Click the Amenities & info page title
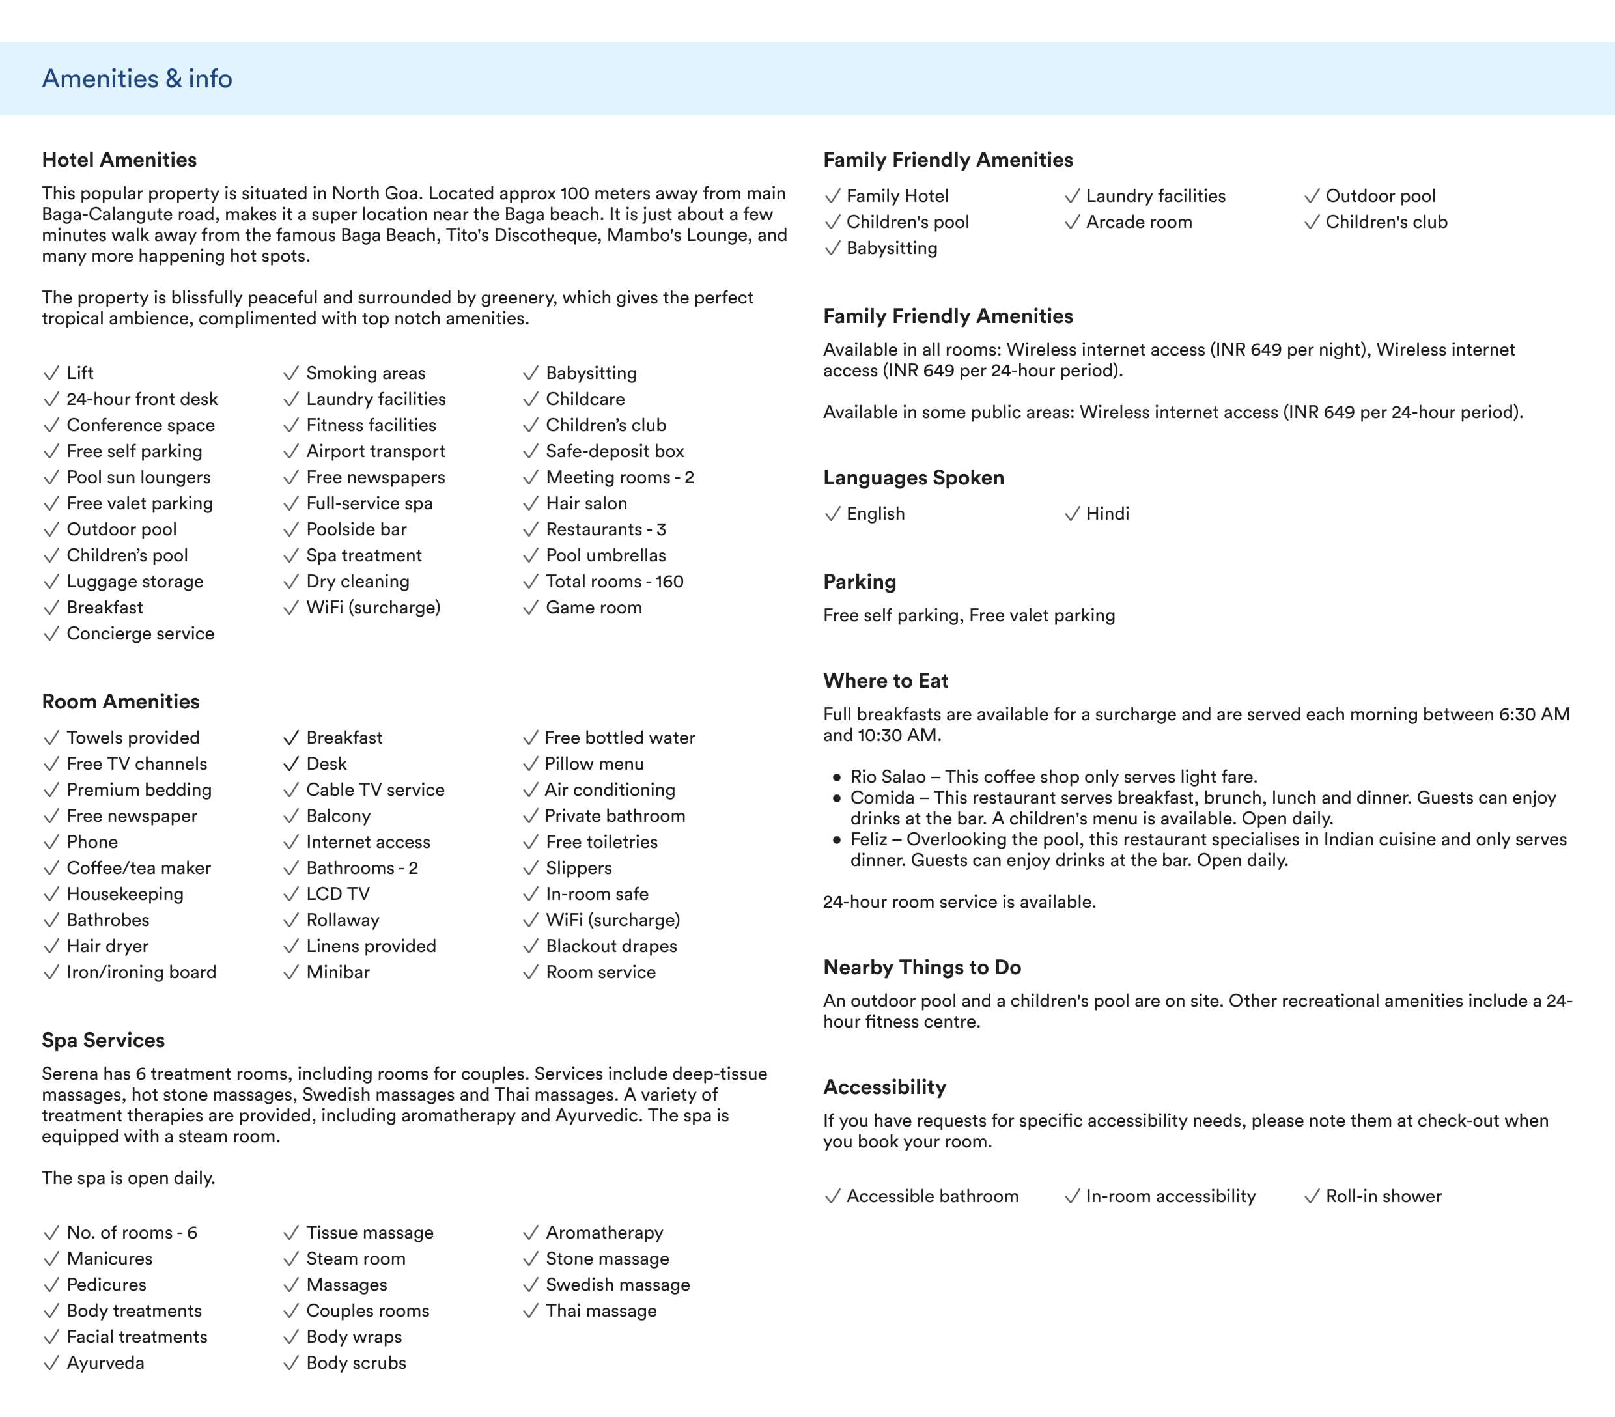[137, 78]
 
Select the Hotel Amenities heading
[119, 160]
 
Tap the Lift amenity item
[80, 372]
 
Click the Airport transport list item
[375, 451]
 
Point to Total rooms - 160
[614, 581]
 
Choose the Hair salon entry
[585, 503]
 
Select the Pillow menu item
[593, 763]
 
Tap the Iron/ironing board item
[141, 972]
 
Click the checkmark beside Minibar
[290, 972]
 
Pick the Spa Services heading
[104, 1040]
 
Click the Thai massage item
[600, 1310]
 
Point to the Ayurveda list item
[105, 1362]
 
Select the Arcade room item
[1138, 222]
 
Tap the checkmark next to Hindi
[1071, 514]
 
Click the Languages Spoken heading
[914, 477]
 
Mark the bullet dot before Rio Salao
[837, 777]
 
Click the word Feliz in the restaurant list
[868, 839]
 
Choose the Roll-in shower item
[1383, 1196]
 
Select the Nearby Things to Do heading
[922, 967]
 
